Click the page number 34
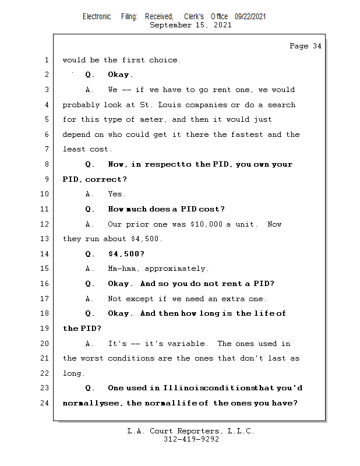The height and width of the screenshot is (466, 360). tap(317, 46)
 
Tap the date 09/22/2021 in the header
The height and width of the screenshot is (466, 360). tap(250, 17)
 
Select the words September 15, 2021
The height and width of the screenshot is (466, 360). tap(190, 25)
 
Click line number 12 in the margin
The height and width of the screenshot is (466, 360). tap(44, 224)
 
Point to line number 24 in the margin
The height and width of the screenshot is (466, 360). tap(44, 403)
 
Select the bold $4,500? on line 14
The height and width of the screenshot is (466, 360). tap(126, 254)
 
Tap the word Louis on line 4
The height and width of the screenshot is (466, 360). tap(169, 105)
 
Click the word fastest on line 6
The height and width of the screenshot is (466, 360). tap(247, 135)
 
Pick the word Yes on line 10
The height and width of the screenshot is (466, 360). tap(117, 194)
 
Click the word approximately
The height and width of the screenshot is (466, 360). tap(177, 269)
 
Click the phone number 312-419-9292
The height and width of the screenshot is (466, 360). tap(191, 439)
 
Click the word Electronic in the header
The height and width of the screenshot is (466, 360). tap(97, 17)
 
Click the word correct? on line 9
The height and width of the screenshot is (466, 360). tap(106, 179)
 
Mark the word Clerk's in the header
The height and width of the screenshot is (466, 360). tap(194, 17)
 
